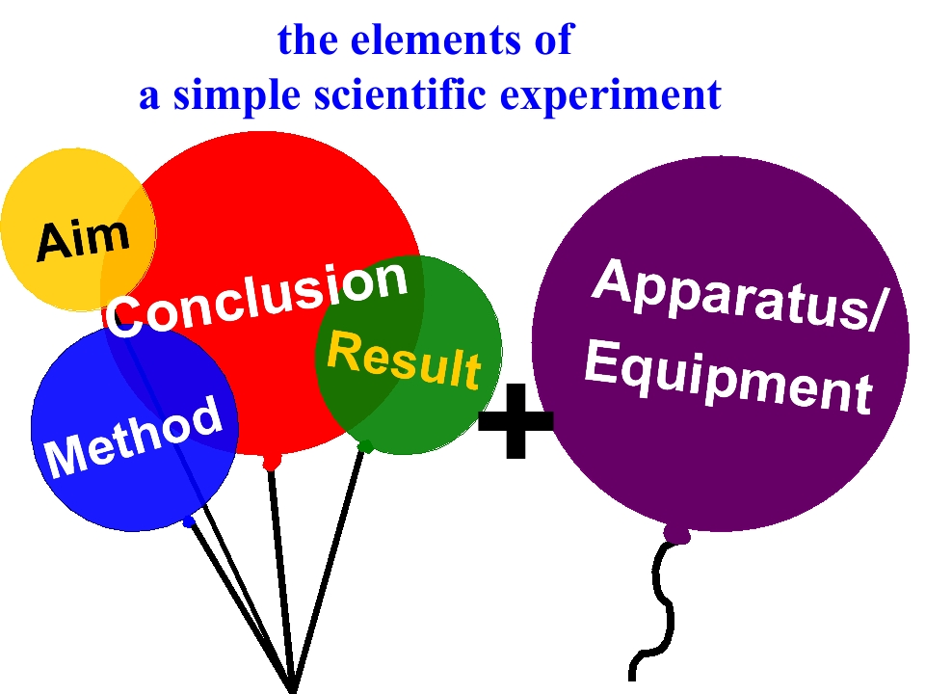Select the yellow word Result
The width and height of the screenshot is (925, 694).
[405, 360]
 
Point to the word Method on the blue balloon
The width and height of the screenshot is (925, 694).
[135, 437]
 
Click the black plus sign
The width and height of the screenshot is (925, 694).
[515, 421]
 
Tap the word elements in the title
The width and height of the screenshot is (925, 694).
[436, 40]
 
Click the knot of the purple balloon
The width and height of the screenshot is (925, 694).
[676, 534]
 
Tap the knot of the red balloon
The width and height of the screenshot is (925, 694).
[272, 462]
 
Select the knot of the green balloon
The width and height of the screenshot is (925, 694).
[366, 445]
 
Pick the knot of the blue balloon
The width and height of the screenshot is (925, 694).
[189, 521]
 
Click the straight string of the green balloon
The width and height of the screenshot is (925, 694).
[328, 567]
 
